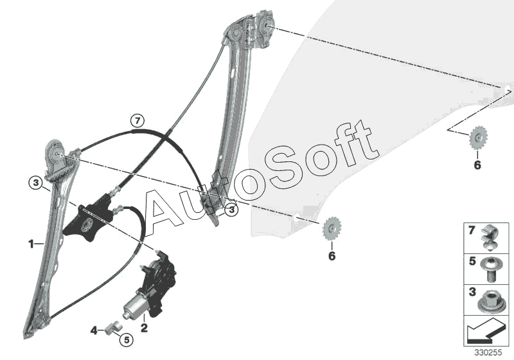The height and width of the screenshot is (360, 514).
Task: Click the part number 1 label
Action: click(x=30, y=244)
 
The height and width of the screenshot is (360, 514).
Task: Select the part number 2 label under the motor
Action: click(x=145, y=328)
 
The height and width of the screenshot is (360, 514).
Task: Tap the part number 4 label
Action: click(x=94, y=331)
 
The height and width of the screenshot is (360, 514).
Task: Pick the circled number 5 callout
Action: click(x=125, y=339)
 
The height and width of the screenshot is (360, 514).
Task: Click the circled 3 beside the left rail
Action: click(x=36, y=183)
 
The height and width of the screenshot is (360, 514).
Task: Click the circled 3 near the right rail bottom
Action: click(x=231, y=209)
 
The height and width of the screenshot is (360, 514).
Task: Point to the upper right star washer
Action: click(x=478, y=137)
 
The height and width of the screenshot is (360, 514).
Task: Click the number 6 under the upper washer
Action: click(x=477, y=165)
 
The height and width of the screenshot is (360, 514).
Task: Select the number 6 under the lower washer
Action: click(x=332, y=256)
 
